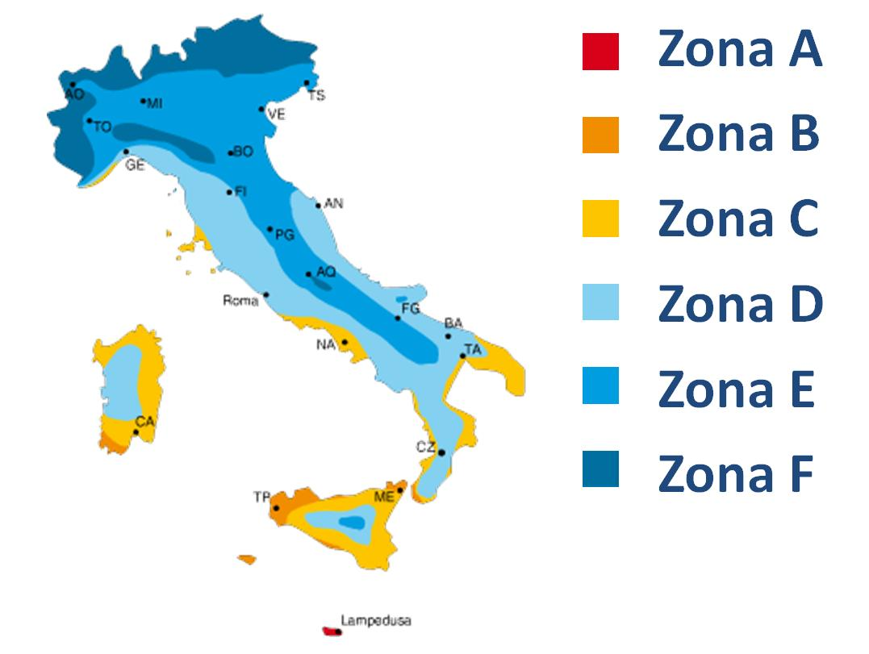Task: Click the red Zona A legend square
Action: (600, 51)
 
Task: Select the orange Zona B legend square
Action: (600, 135)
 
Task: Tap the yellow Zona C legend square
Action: (600, 219)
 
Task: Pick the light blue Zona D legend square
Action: (600, 302)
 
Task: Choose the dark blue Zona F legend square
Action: (600, 469)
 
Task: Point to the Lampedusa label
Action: (376, 621)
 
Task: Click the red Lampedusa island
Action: (331, 631)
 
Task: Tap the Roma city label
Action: (240, 301)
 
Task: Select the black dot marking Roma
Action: (266, 295)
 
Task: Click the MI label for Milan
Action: (155, 102)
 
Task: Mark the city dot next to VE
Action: (261, 109)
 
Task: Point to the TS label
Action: (317, 95)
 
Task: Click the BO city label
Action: (244, 152)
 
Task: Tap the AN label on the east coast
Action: (333, 204)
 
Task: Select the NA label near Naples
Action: (325, 345)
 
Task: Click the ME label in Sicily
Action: (384, 497)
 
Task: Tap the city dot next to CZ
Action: (441, 453)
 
